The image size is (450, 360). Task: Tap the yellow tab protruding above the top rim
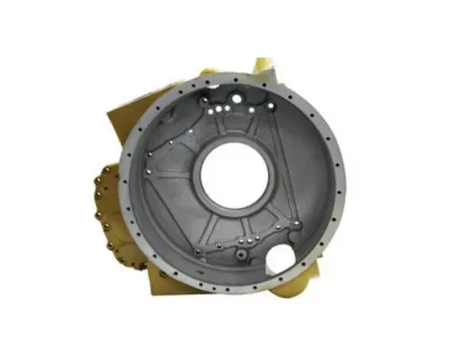point(263,67)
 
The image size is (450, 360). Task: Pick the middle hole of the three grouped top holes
point(224,109)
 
